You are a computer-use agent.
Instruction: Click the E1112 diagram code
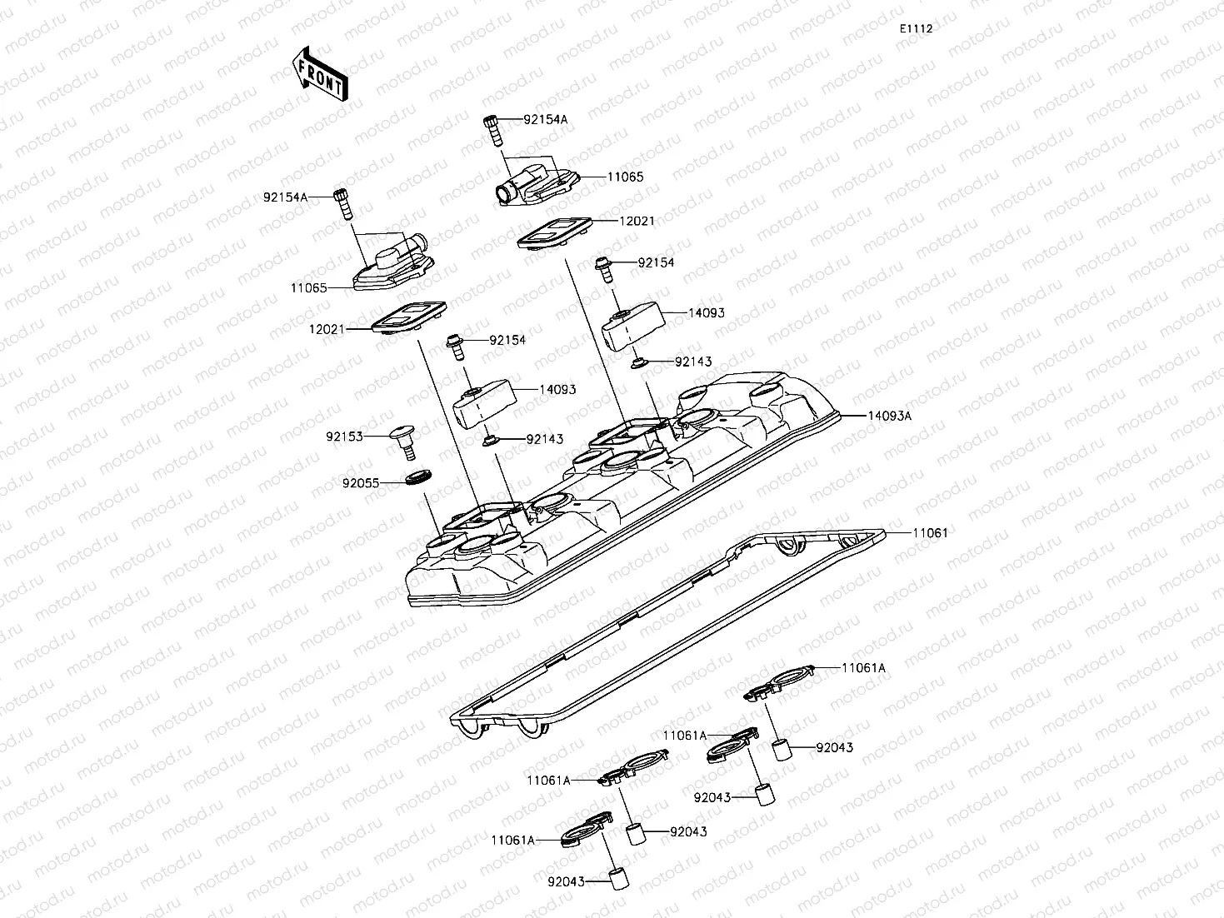(x=915, y=28)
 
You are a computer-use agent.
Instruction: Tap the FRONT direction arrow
(x=320, y=74)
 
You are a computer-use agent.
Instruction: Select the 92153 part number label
(x=345, y=436)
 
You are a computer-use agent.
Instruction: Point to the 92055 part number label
(x=361, y=481)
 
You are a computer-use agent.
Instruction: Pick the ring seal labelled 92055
(x=417, y=477)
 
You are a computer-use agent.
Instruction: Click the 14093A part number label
(x=889, y=415)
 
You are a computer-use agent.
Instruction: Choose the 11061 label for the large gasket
(x=930, y=532)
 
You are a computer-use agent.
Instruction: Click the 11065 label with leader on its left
(x=625, y=177)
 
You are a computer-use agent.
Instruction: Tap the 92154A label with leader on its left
(x=545, y=119)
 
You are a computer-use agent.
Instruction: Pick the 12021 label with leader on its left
(x=637, y=222)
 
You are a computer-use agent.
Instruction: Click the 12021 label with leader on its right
(x=327, y=329)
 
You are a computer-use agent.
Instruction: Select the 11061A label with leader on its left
(x=863, y=668)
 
